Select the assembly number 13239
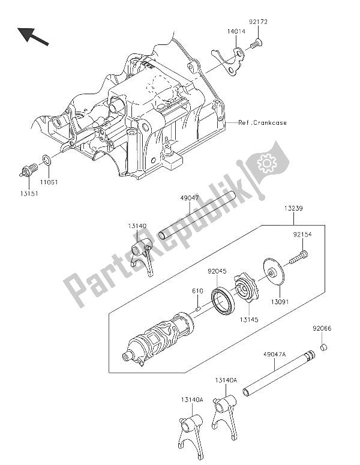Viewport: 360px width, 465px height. pyautogui.click(x=287, y=209)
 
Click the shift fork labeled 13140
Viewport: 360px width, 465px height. pyautogui.click(x=143, y=256)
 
